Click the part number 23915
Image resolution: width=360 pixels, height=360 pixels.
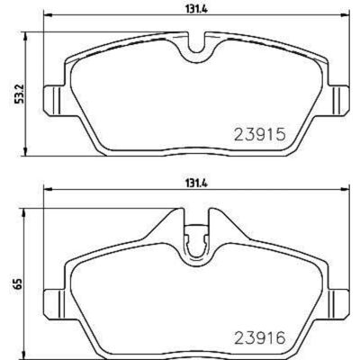259,135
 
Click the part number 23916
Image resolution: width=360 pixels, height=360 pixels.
259,337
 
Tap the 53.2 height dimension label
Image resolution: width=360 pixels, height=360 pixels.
19,93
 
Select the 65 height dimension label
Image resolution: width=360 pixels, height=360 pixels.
19,283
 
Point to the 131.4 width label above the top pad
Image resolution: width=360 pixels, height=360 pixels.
197,9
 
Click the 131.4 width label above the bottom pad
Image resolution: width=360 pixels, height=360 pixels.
197,183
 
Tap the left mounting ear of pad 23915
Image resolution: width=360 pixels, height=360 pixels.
54,100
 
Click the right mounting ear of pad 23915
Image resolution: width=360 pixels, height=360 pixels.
339,100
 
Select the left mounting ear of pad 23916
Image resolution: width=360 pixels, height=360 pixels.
54,303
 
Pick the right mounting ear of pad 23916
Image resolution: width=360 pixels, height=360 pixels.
339,303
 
